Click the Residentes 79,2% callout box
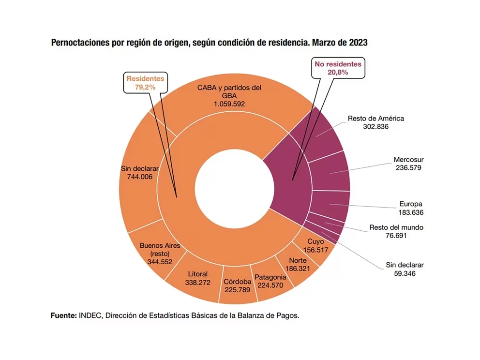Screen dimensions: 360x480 [x=145, y=83]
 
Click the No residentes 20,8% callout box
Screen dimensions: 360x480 [x=338, y=68]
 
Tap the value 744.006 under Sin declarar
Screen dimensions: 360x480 [x=136, y=177]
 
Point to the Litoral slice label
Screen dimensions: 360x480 [x=197, y=274]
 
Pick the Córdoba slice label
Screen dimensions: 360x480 [x=238, y=282]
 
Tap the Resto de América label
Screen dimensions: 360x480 [x=376, y=118]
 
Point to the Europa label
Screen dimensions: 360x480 [x=411, y=204]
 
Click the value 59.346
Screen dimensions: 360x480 [x=405, y=273]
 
